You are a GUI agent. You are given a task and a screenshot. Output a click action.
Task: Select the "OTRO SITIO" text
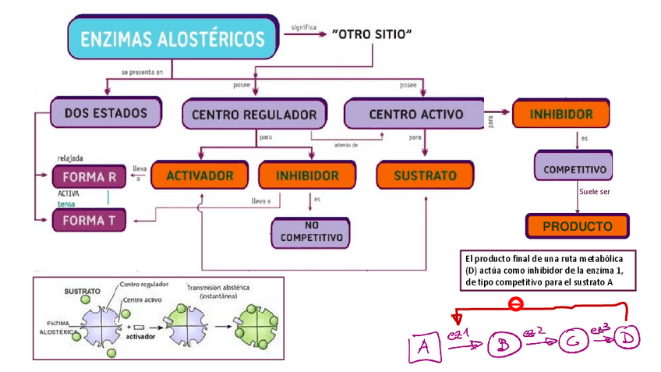tap(372, 35)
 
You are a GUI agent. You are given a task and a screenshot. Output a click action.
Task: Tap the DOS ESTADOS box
tap(105, 112)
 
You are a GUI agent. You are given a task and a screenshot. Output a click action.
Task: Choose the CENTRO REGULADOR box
tap(253, 115)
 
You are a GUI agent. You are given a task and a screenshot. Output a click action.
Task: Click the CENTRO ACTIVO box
tap(415, 114)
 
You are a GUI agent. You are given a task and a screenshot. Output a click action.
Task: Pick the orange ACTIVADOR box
tap(200, 175)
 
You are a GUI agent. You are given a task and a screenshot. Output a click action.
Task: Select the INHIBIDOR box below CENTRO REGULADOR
tap(307, 175)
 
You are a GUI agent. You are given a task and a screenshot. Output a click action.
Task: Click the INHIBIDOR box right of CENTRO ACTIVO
tap(560, 114)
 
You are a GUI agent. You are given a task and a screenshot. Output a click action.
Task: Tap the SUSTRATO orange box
tap(426, 175)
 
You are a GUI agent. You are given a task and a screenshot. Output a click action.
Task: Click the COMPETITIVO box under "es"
tap(576, 168)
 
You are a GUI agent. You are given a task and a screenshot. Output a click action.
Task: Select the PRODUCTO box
tap(577, 226)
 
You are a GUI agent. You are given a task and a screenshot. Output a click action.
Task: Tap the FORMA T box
tap(88, 220)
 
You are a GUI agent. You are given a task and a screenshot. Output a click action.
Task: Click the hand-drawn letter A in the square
tap(425, 345)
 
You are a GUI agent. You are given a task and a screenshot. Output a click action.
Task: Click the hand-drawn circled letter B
tap(503, 344)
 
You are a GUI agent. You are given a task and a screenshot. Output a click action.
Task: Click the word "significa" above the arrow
tap(304, 27)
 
